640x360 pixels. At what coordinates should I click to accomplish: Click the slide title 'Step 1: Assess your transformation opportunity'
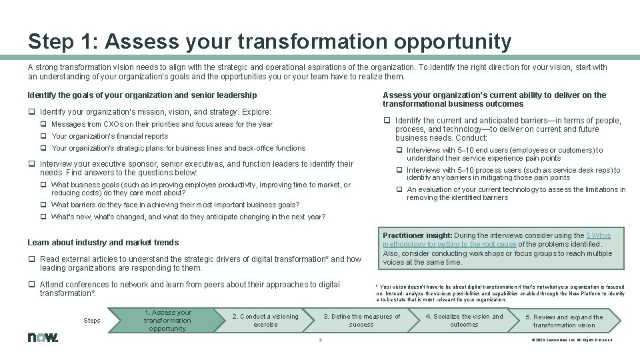click(269, 41)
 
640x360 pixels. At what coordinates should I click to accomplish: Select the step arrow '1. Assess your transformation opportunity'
click(167, 320)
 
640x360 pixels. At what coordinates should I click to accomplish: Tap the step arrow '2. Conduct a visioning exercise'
click(265, 320)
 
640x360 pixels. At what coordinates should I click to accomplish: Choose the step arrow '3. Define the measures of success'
click(361, 320)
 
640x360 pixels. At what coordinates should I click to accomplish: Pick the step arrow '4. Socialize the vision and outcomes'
click(464, 320)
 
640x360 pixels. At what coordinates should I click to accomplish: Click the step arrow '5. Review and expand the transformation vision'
click(563, 321)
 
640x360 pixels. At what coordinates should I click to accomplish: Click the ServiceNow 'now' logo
click(43, 337)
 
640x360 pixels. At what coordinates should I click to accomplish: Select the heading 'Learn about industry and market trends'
click(103, 243)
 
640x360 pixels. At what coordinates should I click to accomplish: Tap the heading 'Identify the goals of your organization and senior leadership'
click(142, 95)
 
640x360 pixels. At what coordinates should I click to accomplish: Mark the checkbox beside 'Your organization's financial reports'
click(43, 136)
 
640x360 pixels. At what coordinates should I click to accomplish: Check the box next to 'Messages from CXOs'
click(43, 124)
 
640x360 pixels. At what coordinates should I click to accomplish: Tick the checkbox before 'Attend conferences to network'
click(31, 285)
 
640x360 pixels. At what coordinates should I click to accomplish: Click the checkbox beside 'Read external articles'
click(31, 259)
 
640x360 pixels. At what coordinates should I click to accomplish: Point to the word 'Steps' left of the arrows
click(92, 321)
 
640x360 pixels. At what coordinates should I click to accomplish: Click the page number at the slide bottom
click(320, 340)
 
